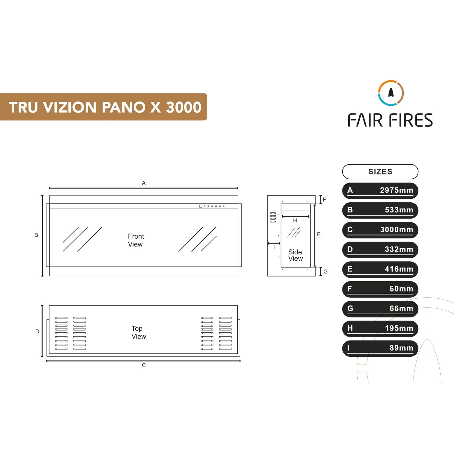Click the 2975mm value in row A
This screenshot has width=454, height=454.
click(x=397, y=190)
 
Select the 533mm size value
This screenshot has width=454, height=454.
click(x=399, y=210)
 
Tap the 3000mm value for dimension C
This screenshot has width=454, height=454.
click(x=397, y=230)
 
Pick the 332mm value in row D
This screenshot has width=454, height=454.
click(x=399, y=249)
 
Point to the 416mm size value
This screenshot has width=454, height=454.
click(x=399, y=269)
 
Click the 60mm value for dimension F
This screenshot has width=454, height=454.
click(x=401, y=289)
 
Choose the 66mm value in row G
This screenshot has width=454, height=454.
click(x=401, y=308)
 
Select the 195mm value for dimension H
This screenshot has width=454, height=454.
click(x=399, y=328)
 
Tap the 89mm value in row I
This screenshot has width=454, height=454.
click(x=401, y=348)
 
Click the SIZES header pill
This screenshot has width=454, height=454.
click(x=380, y=172)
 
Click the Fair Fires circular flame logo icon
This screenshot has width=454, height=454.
click(x=391, y=93)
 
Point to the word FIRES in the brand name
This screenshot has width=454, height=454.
click(x=411, y=120)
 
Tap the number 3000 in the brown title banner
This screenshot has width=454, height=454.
click(x=184, y=107)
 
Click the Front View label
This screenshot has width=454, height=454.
click(x=136, y=240)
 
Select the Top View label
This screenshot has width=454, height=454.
click(x=139, y=332)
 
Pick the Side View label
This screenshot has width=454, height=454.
click(x=295, y=255)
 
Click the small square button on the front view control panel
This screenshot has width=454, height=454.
click(x=201, y=206)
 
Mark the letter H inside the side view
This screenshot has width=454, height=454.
click(x=295, y=221)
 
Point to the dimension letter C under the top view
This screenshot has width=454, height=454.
click(x=144, y=365)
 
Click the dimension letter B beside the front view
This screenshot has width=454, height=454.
click(x=36, y=235)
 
